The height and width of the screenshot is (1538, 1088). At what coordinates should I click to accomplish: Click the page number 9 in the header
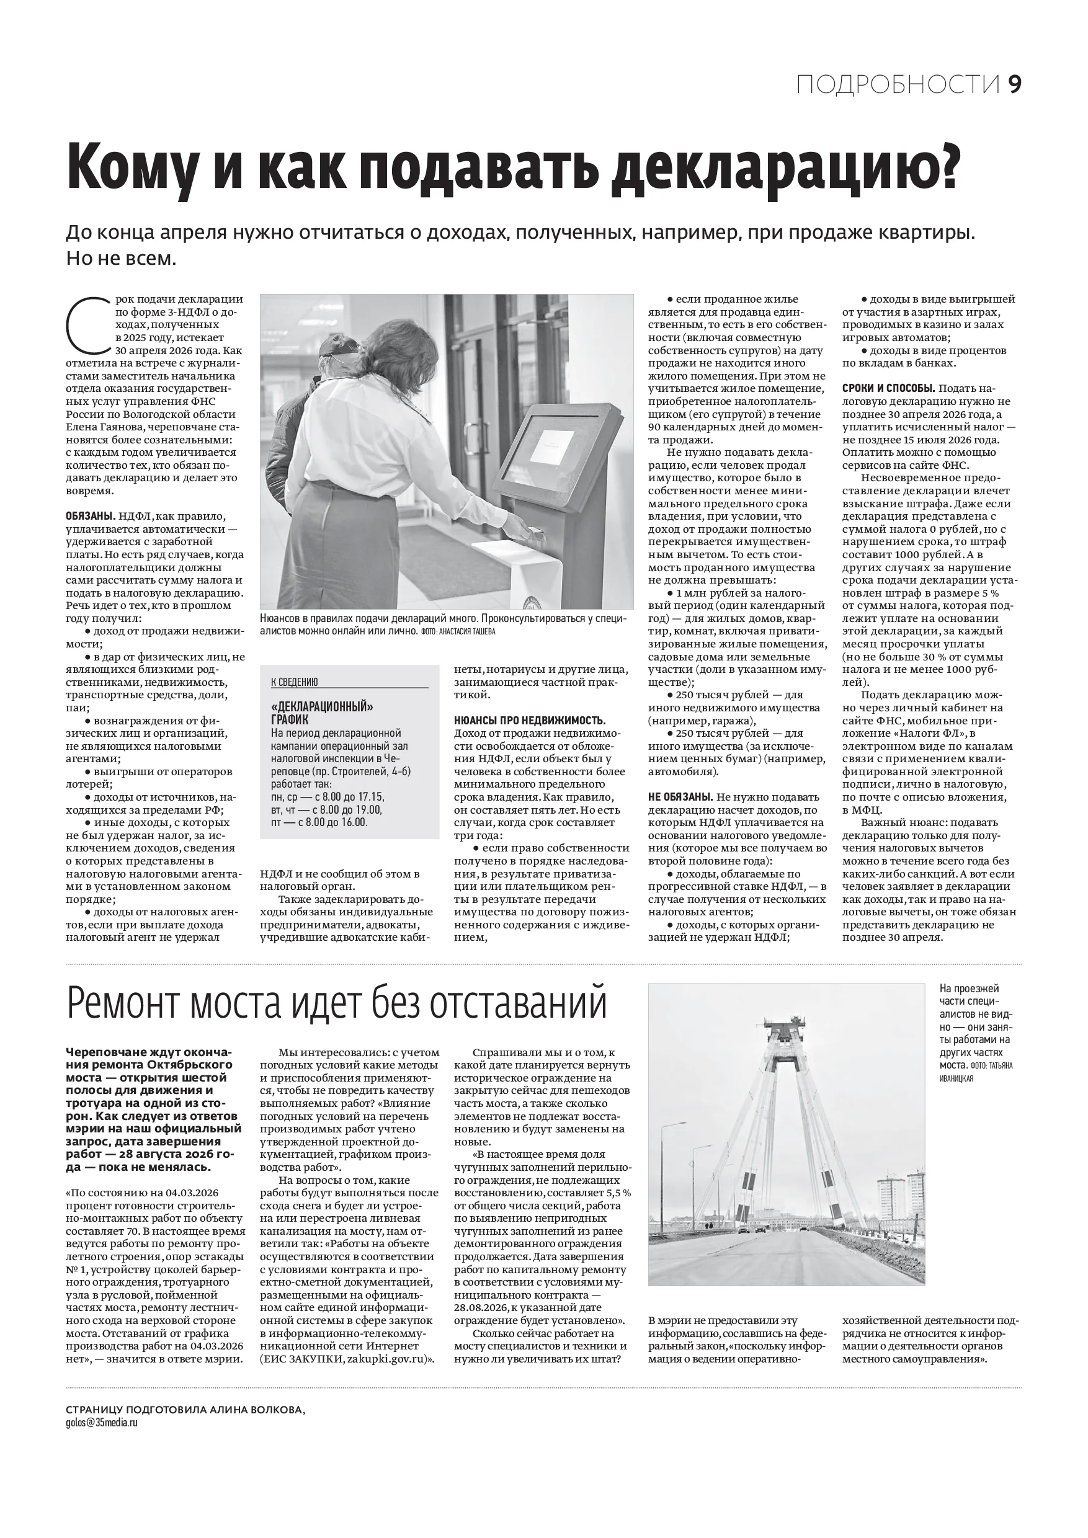tap(1014, 84)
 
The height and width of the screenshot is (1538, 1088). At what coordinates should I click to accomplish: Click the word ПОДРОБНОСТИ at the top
tap(898, 85)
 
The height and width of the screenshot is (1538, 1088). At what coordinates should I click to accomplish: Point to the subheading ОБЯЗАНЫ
tap(91, 517)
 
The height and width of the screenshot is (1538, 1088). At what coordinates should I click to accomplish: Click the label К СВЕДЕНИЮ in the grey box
tap(294, 682)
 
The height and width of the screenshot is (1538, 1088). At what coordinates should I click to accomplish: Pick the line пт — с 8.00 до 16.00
tap(319, 822)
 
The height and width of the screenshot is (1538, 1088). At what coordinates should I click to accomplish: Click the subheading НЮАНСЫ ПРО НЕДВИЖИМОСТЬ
tap(530, 720)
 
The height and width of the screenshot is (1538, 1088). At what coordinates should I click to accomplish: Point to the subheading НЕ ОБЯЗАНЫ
tap(679, 796)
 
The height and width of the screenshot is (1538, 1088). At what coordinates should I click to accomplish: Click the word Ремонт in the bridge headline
tap(124, 1003)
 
